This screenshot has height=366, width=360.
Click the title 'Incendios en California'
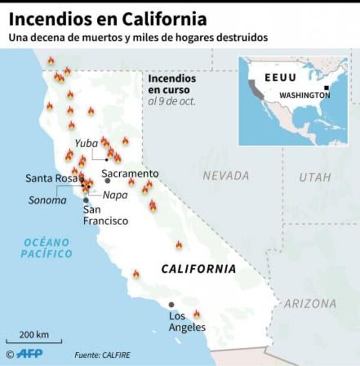107,19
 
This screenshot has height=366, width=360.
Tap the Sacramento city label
130,174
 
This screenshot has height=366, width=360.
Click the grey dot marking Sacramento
107,181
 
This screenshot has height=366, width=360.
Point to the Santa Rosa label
51,178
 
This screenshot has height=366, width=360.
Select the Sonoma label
47,200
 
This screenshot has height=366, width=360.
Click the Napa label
115,195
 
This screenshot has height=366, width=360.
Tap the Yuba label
86,143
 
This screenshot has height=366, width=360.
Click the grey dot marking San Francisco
86,201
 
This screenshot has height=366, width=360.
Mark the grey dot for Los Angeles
172,305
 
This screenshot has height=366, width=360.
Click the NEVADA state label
225,176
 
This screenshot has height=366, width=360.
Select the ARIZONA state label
310,304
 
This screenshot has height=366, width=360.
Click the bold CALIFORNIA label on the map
198,269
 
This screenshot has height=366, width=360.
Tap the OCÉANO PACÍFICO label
47,248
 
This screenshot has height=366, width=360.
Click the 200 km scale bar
34,340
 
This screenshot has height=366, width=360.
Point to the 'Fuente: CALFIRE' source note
102,355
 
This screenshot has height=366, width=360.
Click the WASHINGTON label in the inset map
305,95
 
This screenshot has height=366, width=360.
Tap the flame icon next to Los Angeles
197,314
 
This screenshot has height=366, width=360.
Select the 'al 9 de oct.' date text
172,100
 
